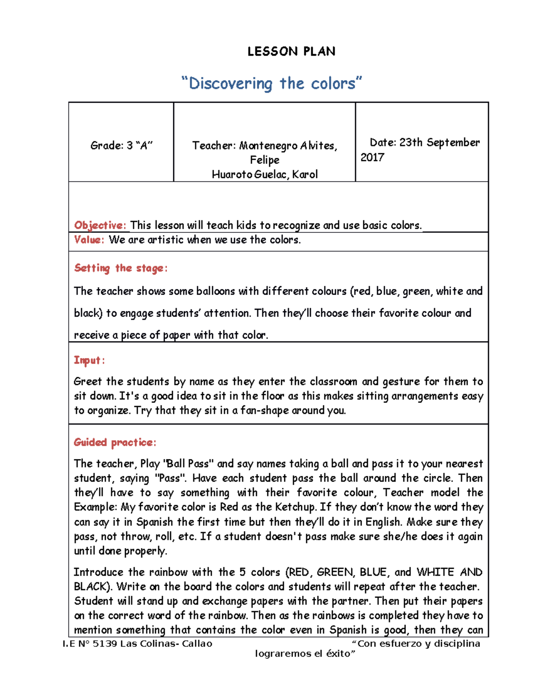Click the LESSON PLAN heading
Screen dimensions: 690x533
tap(291, 52)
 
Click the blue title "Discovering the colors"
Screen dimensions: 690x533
tap(272, 83)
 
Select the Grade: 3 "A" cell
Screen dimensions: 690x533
tap(121, 146)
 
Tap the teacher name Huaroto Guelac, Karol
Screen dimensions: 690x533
tap(265, 174)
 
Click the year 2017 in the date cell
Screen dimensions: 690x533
tap(372, 157)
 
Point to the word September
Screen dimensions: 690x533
tap(453, 143)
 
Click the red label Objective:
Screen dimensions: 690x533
tap(100, 225)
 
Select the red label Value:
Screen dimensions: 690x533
tap(89, 240)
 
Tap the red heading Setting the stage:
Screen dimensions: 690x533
tap(121, 268)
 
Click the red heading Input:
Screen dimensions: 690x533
tap(89, 360)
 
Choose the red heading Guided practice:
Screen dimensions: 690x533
tap(115, 442)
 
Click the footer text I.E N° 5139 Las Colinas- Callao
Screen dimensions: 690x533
tap(137, 643)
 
